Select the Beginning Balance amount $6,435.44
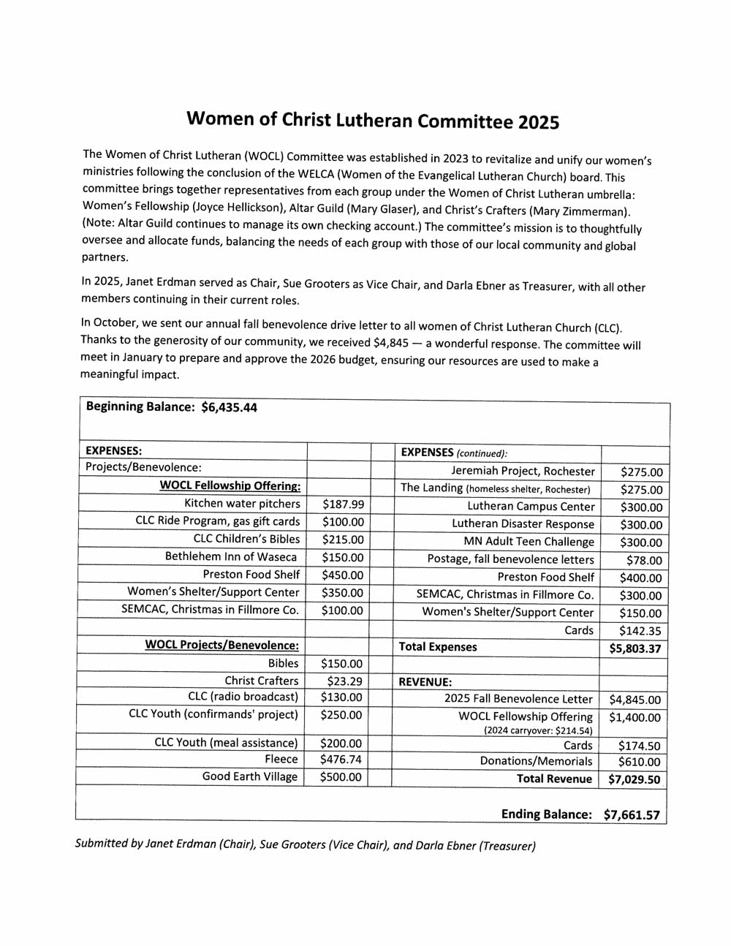[x=229, y=407]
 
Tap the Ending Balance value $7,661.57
[x=632, y=814]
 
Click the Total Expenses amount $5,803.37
[x=635, y=648]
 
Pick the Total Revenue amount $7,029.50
[x=634, y=779]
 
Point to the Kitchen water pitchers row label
[x=242, y=504]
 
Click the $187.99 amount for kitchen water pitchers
[x=343, y=504]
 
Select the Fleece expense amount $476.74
[x=341, y=760]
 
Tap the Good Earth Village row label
[x=250, y=776]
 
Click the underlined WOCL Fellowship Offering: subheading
[x=230, y=486]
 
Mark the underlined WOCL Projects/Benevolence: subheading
[x=221, y=645]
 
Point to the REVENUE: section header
[x=425, y=682]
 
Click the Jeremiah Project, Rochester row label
[x=523, y=472]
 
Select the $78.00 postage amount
[x=644, y=561]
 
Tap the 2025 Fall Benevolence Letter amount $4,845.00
[x=634, y=700]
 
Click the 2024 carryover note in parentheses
[x=538, y=730]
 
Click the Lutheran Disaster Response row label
[x=523, y=524]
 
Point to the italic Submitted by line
[x=305, y=844]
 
